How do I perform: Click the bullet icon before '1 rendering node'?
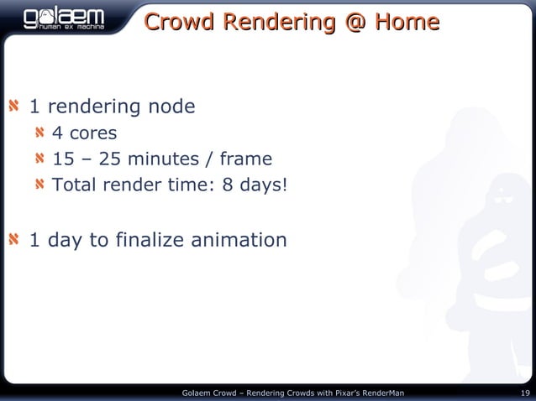tap(14, 107)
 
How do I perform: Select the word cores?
tap(92, 133)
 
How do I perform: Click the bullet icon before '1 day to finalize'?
tap(14, 242)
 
